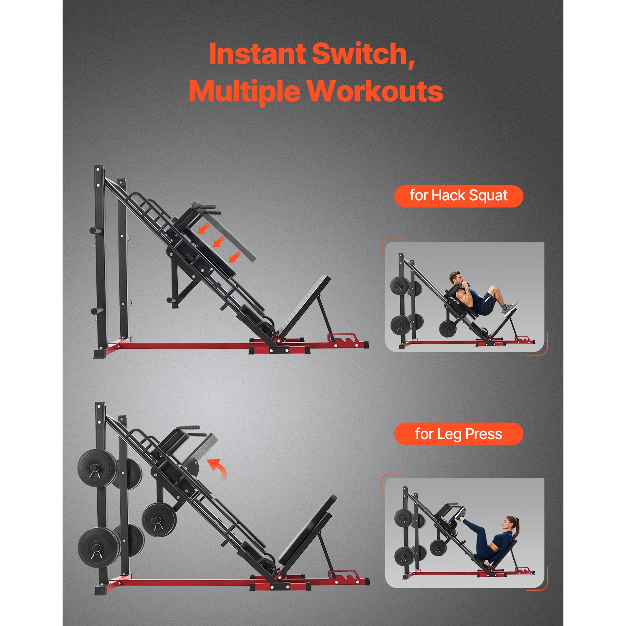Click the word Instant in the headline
tap(257, 54)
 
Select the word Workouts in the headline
tap(375, 91)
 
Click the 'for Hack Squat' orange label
tap(458, 196)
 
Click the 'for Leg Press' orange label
tap(458, 434)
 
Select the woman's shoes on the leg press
tap(461, 513)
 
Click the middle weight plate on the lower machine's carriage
tap(159, 520)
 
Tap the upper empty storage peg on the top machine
tap(96, 230)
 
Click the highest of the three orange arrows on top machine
tap(204, 228)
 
